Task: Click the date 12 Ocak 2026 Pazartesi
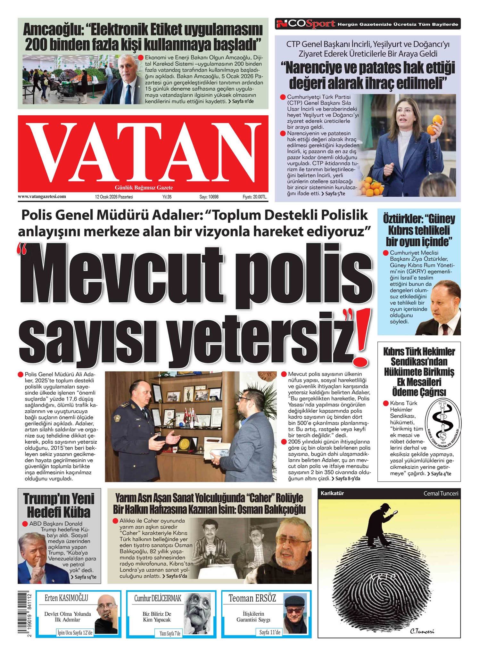(x=114, y=197)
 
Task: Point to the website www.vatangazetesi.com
(x=42, y=197)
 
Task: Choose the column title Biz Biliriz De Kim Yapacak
(x=157, y=617)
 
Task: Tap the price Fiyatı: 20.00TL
(x=254, y=197)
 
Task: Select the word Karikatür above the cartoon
(x=332, y=494)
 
